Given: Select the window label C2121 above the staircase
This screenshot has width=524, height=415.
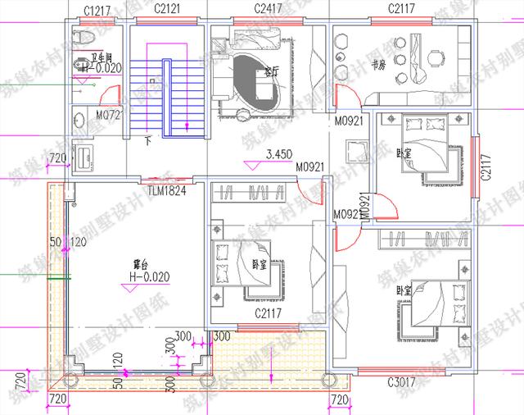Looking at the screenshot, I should [170, 11].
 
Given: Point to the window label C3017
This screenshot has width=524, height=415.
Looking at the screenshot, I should [404, 381].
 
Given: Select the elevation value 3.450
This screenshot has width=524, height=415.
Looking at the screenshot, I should [281, 154].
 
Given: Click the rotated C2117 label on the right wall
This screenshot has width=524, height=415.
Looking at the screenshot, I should [486, 167].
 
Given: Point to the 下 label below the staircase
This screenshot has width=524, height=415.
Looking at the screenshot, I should [147, 140].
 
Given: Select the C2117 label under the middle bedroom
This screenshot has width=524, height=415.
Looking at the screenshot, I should [269, 313].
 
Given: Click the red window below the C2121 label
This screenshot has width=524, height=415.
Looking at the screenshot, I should [170, 24].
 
